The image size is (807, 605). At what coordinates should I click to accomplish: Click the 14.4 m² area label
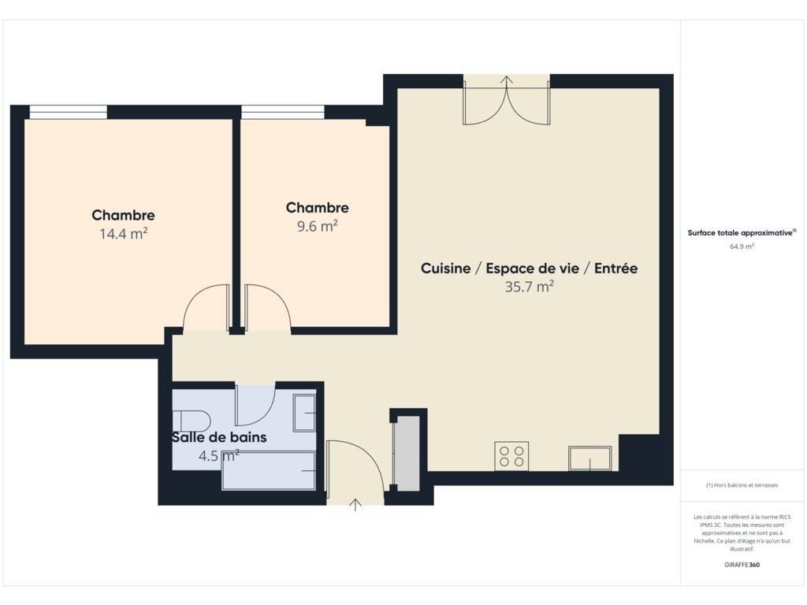(124, 234)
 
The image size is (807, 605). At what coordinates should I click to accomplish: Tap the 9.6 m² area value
(317, 226)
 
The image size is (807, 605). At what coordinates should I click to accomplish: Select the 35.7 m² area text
(529, 287)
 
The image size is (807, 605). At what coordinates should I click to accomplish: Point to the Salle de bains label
(219, 437)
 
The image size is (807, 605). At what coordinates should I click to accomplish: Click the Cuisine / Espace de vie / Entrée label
(529, 268)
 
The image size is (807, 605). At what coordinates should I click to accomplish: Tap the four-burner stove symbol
(511, 456)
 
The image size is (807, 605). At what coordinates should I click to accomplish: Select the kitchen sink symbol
(589, 458)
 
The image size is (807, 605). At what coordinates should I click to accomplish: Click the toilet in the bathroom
(192, 421)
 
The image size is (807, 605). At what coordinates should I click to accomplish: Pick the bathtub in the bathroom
(269, 471)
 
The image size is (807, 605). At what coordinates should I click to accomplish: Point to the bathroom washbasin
(304, 413)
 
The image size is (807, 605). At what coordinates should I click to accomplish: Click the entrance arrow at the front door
(355, 505)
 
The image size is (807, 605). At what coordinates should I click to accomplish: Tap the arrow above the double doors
(507, 81)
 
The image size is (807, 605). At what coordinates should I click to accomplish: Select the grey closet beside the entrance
(407, 454)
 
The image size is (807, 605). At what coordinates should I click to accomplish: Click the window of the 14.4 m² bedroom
(68, 112)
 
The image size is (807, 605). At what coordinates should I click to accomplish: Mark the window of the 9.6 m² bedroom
(283, 112)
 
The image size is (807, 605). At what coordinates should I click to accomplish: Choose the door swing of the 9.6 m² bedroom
(268, 308)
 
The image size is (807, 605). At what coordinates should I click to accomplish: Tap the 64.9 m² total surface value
(742, 247)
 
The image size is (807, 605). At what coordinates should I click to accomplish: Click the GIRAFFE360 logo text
(742, 564)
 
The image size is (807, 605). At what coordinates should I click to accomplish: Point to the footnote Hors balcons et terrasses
(742, 485)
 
